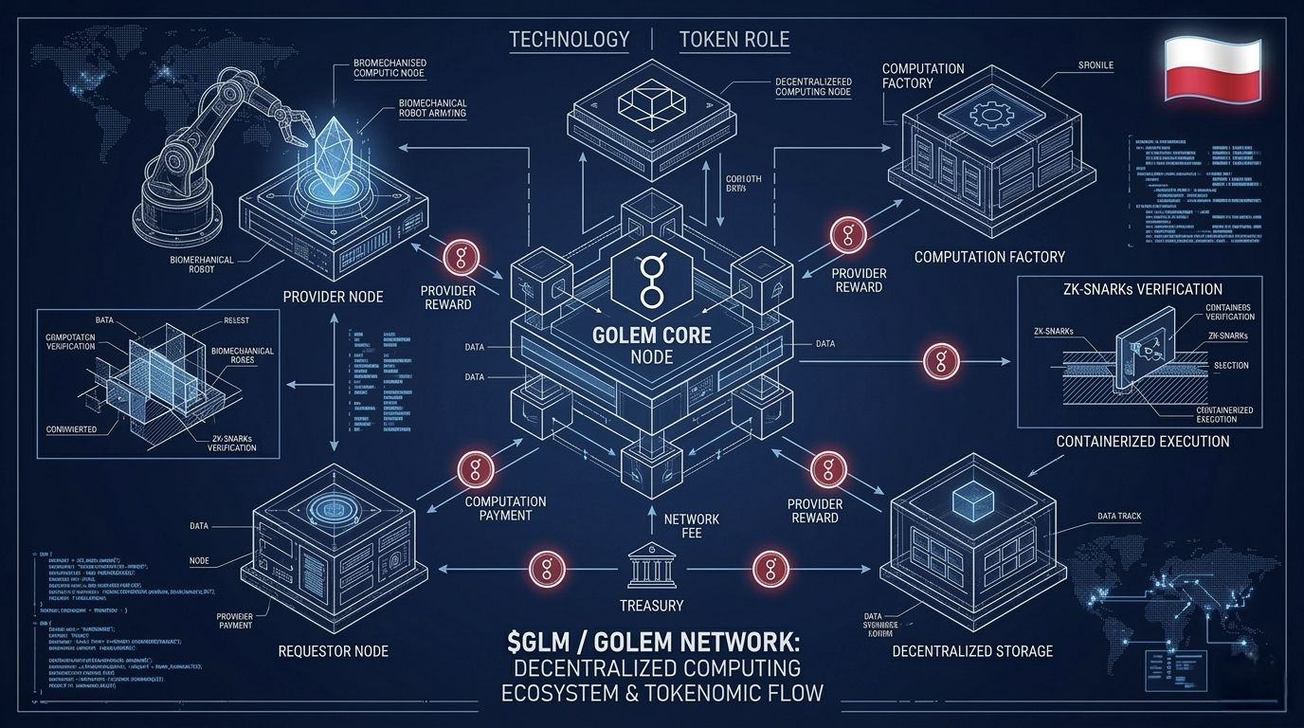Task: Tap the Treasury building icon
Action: coord(651,570)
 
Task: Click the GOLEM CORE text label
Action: coord(651,336)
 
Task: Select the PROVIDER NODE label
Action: coord(333,297)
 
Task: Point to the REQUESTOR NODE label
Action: coord(333,651)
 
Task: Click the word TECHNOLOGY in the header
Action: coord(569,40)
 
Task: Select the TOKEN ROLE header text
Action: coord(734,40)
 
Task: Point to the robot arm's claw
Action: coord(290,118)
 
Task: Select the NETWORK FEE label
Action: coord(691,526)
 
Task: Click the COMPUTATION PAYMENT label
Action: coord(505,508)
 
